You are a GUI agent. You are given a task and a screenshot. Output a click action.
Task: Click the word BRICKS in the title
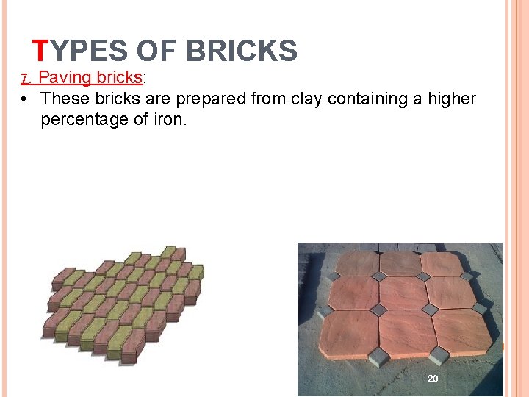242,51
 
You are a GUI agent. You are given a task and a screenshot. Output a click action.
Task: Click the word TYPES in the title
81,51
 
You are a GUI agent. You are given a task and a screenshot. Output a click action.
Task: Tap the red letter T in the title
41,51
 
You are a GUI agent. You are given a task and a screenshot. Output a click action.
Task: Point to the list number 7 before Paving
24,78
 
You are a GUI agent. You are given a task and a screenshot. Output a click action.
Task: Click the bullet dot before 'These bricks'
25,99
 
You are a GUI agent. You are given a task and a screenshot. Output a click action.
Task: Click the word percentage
89,119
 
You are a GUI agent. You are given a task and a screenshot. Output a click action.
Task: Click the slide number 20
433,378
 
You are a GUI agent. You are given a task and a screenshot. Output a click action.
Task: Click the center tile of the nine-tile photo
404,294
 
